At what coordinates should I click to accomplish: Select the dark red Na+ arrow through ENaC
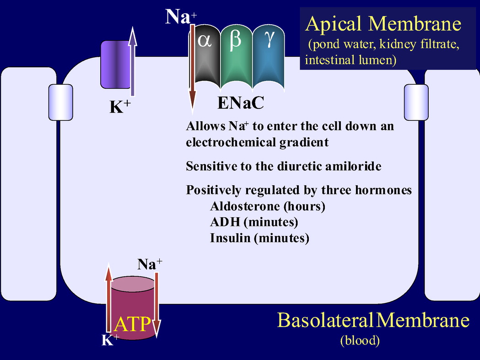193,69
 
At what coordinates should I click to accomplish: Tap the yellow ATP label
132,324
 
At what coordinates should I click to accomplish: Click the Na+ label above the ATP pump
149,264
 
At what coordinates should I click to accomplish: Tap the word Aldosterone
245,206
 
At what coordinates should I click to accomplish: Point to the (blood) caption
360,340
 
